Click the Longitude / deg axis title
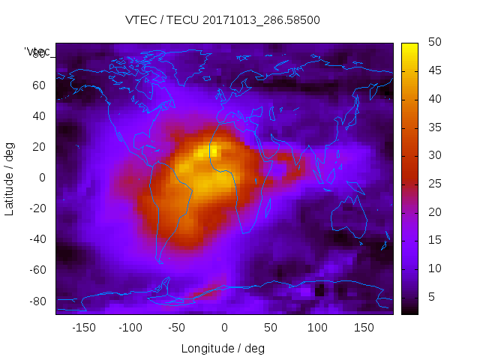pyautogui.click(x=223, y=348)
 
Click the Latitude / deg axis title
pyautogui.click(x=10, y=178)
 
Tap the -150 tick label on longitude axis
pyautogui.click(x=83, y=328)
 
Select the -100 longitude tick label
pyautogui.click(x=130, y=328)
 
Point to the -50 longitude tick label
pyautogui.click(x=177, y=328)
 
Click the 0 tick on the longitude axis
pyautogui.click(x=224, y=328)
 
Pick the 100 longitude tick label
pyautogui.click(x=318, y=328)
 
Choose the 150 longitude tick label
pyautogui.click(x=364, y=328)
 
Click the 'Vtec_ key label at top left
pyautogui.click(x=37, y=52)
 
